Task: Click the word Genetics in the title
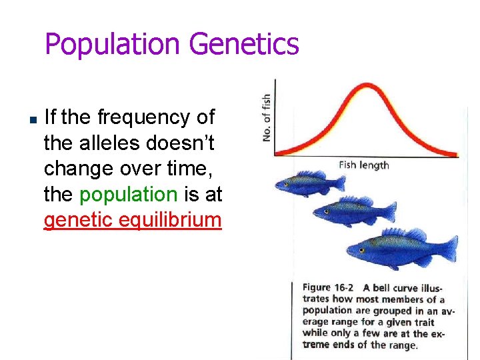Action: coord(244,45)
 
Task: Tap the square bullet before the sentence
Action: coord(33,119)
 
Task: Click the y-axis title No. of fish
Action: coord(267,117)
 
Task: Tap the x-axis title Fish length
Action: coord(363,165)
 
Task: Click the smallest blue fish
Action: coord(309,181)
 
